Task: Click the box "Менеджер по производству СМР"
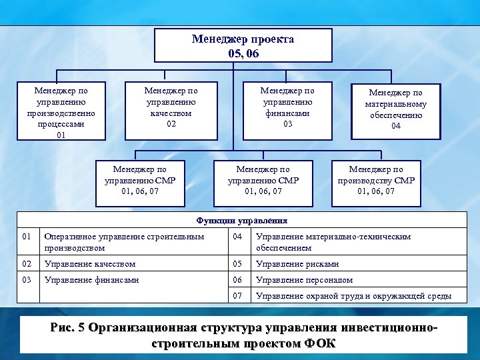[x=376, y=181]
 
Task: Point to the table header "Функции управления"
[x=241, y=220]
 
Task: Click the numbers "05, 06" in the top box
[x=243, y=53]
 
